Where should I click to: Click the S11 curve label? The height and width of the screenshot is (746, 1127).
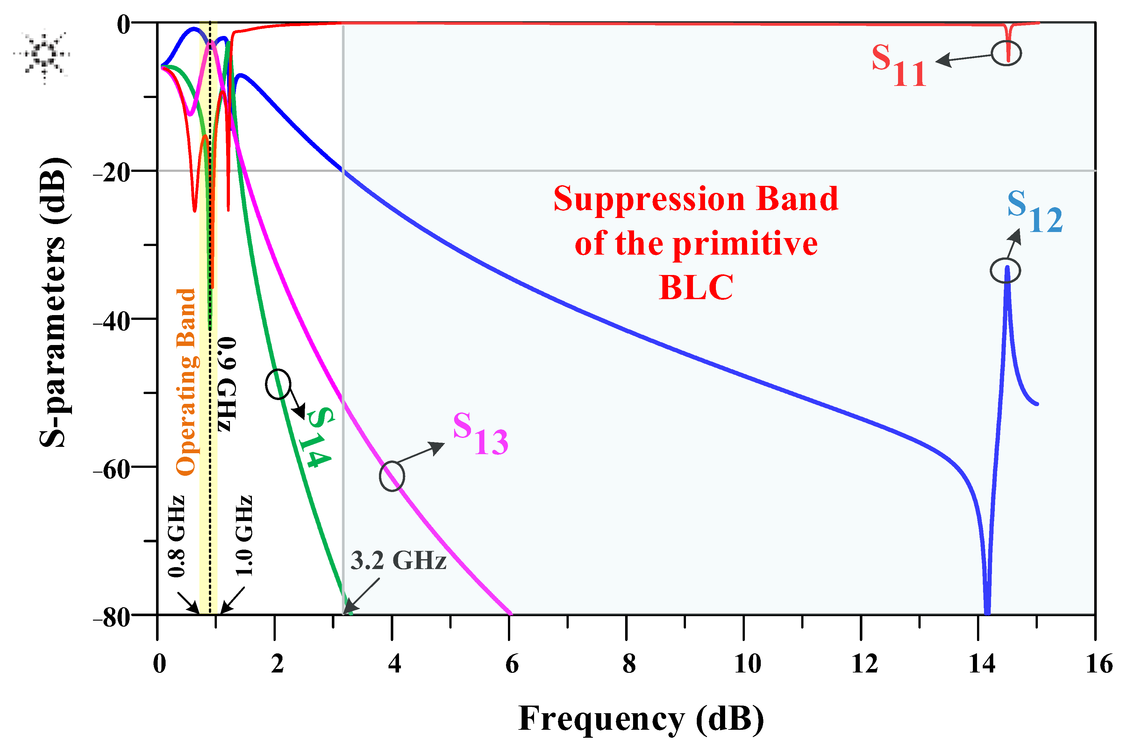pos(899,66)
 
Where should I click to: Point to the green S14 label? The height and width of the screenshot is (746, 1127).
pos(317,437)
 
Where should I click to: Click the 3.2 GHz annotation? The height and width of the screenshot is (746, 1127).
pos(398,561)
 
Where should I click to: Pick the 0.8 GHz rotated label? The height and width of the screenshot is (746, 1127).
pos(176,536)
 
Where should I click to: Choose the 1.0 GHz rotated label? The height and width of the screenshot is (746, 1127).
pos(244,536)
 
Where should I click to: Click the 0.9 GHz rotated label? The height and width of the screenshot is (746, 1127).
pos(227,384)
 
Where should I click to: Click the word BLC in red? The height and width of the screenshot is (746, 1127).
pos(696,287)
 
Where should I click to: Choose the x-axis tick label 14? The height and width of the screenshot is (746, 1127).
pos(982,663)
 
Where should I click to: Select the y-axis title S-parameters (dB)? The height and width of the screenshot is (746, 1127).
pos(53,302)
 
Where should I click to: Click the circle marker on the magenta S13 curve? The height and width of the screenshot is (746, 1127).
pos(392,476)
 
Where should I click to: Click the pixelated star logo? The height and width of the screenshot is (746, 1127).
pos(43,55)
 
